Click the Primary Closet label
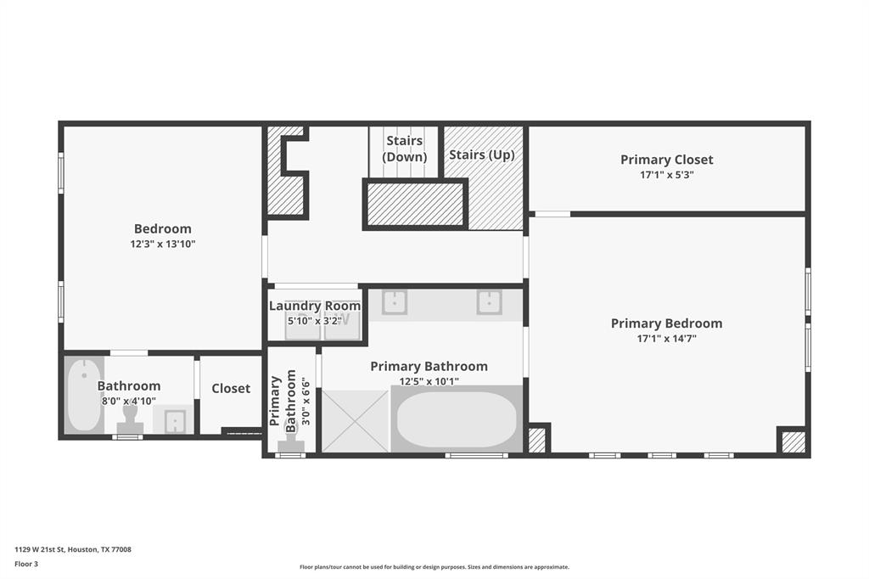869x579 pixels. (x=667, y=160)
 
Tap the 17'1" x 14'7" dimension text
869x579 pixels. (x=667, y=338)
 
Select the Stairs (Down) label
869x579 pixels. (x=405, y=149)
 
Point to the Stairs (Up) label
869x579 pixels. (x=482, y=155)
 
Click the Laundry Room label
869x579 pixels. (x=315, y=306)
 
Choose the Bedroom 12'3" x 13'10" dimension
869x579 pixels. (x=163, y=244)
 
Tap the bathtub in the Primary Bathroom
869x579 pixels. (x=457, y=419)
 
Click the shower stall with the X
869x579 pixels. (x=356, y=421)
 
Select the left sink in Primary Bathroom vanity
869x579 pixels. (x=394, y=302)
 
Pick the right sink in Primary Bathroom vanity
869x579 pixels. (x=490, y=302)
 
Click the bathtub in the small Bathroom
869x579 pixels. (x=84, y=395)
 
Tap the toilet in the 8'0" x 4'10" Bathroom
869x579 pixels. (x=130, y=421)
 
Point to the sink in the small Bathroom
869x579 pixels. (x=174, y=420)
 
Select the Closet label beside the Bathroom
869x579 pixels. (x=231, y=388)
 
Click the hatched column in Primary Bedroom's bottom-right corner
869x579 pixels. (x=793, y=442)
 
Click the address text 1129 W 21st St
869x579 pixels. (x=40, y=549)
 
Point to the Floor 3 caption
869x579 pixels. (x=26, y=564)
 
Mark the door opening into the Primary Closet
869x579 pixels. (x=552, y=214)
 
